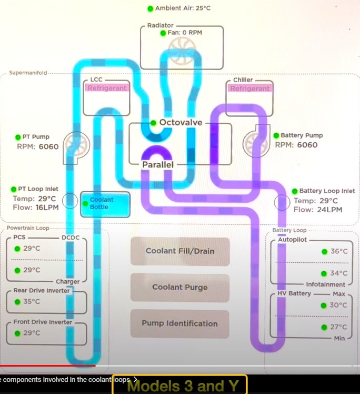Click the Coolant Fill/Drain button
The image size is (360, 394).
pos(180,251)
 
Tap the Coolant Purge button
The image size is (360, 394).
pos(180,287)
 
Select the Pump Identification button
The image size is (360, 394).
pos(180,323)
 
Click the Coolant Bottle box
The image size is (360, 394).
pos(105,204)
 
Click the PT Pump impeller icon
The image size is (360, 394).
pos(76,145)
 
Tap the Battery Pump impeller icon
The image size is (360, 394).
pos(256,143)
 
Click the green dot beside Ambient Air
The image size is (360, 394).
pos(150,8)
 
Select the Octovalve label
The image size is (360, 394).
pos(181,122)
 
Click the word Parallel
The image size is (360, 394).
pos(158,164)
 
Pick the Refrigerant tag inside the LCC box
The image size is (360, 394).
pos(107,88)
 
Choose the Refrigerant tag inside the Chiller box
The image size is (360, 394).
pos(249,88)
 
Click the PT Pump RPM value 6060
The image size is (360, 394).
pos(48,146)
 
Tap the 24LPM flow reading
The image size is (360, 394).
pos(329,210)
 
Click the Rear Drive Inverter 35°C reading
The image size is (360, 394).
pos(32,301)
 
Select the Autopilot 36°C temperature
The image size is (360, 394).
pos(339,251)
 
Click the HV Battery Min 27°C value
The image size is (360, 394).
pos(338,327)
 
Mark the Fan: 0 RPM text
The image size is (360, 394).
pos(185,33)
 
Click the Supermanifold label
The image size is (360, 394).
pos(28,73)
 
